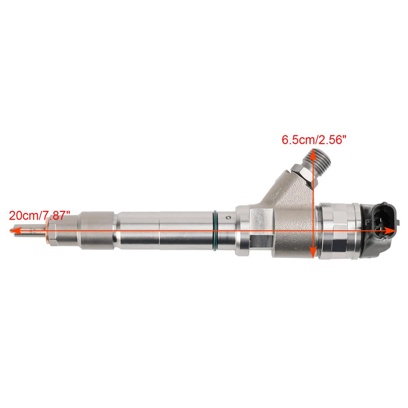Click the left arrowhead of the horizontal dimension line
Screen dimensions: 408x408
(x=13, y=230)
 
